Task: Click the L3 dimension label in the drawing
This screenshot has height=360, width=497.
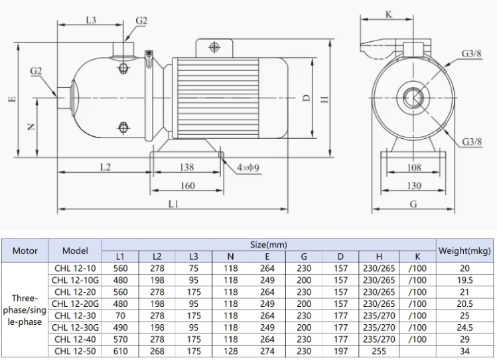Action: tap(91, 21)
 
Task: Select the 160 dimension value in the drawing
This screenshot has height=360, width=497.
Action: tap(188, 186)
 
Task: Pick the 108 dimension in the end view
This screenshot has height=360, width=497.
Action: tap(413, 167)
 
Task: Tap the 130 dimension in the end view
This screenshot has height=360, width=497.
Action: tap(413, 186)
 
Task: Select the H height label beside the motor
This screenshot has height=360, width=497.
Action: tap(324, 98)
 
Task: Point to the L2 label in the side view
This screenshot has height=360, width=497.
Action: tap(105, 167)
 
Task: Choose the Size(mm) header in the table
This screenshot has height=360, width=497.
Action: tap(267, 245)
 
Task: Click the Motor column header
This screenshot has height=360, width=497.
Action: tap(25, 250)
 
